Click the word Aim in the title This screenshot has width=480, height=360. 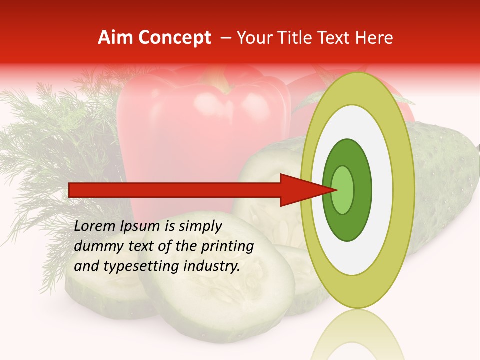point(114,38)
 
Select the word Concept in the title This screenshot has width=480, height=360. point(174,38)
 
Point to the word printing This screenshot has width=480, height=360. point(227,246)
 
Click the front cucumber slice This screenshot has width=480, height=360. point(220,295)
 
